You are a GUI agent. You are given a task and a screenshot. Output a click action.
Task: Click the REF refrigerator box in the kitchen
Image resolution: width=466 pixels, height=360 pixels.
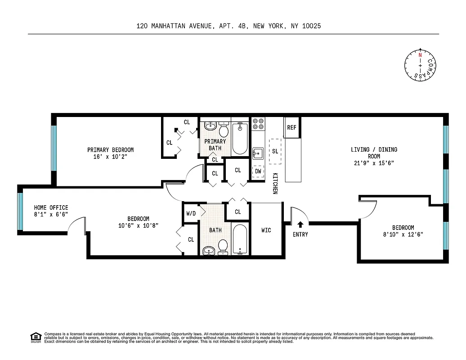(292, 127)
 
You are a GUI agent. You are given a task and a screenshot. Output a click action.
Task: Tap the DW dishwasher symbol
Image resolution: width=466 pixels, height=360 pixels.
(258, 171)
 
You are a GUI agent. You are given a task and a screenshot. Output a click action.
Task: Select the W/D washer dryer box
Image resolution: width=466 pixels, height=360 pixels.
(191, 213)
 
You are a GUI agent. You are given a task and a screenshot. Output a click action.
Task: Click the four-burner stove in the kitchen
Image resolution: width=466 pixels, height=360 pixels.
(258, 124)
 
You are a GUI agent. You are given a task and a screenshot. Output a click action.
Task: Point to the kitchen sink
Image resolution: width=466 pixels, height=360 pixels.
(258, 153)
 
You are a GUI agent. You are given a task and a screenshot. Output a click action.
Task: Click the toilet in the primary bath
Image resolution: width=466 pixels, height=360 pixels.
(224, 130)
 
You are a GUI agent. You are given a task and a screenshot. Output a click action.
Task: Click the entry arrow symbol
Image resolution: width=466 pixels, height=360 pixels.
(300, 223)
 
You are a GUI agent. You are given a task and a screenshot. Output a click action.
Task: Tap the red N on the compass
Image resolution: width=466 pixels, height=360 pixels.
(420, 55)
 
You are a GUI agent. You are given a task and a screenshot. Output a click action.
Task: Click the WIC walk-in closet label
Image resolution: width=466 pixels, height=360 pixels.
(266, 230)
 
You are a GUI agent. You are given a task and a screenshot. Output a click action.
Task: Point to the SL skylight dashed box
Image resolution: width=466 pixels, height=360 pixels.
(275, 151)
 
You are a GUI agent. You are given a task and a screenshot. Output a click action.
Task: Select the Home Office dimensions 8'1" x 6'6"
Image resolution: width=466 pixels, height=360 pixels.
(51, 215)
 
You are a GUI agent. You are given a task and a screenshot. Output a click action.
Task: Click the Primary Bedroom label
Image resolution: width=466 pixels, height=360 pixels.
(110, 150)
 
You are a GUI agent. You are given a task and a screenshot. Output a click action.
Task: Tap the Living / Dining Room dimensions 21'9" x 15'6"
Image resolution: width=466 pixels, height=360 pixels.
(374, 163)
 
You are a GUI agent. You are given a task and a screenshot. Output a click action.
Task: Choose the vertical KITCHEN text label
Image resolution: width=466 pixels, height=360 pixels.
(275, 184)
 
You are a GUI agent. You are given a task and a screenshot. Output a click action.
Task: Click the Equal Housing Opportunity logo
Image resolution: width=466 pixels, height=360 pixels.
(35, 337)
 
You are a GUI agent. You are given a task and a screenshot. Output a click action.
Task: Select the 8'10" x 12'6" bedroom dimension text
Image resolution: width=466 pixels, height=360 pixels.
(403, 234)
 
